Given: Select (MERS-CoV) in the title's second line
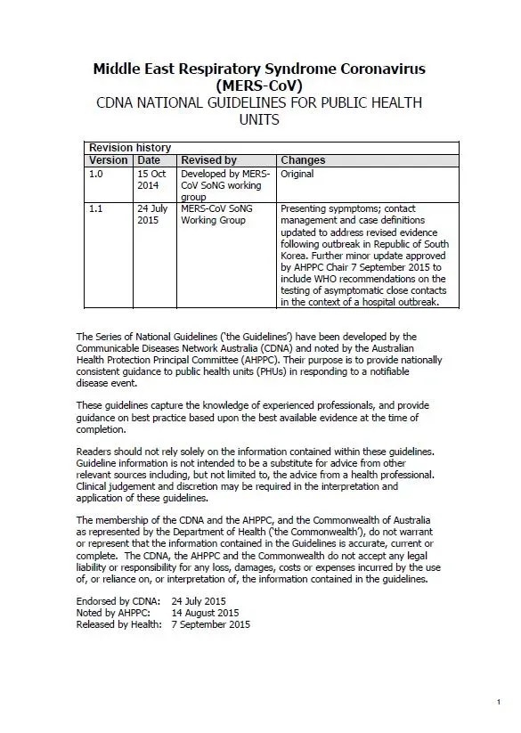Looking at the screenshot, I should [259, 86].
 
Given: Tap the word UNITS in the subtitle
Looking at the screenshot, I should [259, 119].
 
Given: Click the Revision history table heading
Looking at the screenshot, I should [130, 148].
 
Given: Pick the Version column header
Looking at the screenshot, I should [109, 160].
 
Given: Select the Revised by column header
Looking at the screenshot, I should [208, 160].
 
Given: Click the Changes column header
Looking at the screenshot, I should [303, 160].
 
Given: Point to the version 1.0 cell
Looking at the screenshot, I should [96, 175].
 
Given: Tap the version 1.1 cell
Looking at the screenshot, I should [96, 209].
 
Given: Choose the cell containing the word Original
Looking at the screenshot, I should [297, 175].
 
